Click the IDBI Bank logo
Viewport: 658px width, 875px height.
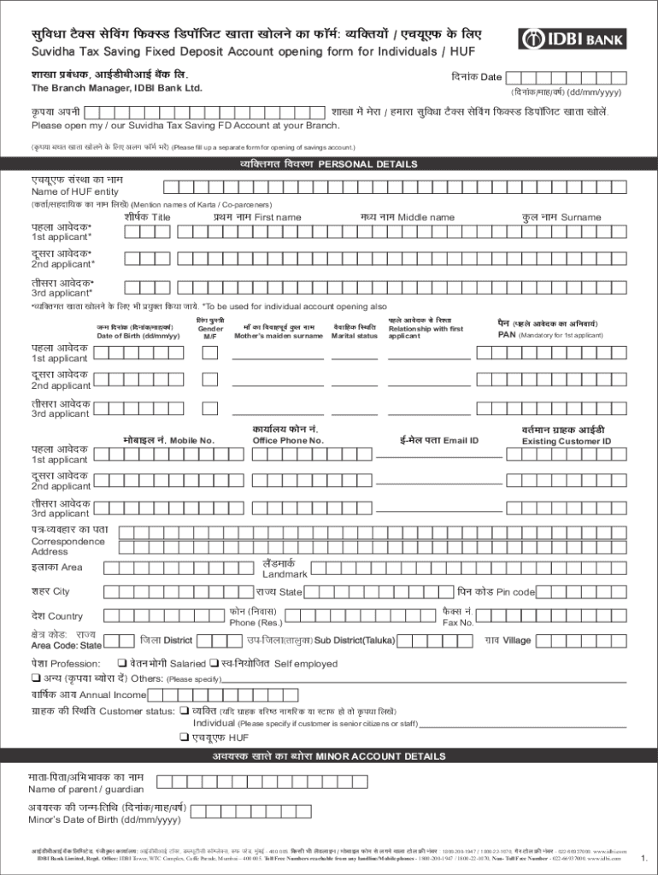click(x=573, y=38)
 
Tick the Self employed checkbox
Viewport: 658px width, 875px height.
click(x=213, y=664)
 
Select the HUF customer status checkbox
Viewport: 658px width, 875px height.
click(x=184, y=737)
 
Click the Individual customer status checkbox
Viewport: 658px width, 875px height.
click(x=184, y=711)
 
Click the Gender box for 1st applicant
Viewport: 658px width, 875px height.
click(x=209, y=354)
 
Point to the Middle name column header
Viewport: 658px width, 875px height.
click(x=407, y=218)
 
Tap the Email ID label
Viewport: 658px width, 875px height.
click(x=438, y=441)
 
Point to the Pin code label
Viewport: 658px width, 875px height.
click(x=496, y=592)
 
